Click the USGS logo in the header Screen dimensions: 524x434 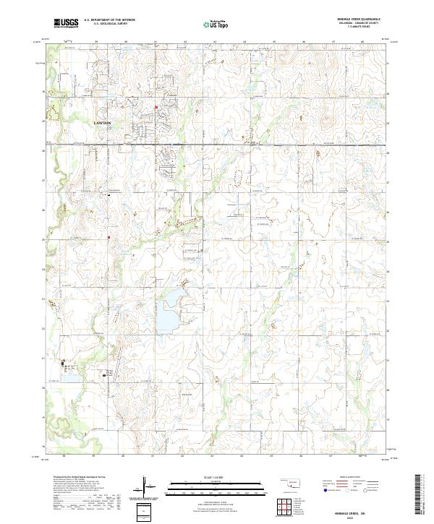(67, 23)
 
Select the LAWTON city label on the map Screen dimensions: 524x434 (103, 124)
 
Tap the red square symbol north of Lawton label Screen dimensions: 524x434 (154, 109)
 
